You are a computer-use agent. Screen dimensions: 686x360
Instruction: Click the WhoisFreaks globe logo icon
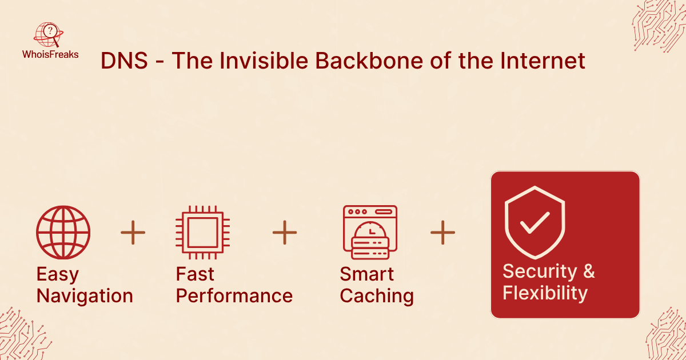49,35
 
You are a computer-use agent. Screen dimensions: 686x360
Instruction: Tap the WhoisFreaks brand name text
50,54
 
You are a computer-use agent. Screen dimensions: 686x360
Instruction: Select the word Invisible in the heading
264,61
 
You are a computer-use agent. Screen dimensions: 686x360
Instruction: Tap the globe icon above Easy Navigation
63,233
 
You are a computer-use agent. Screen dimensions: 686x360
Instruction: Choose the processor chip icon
202,233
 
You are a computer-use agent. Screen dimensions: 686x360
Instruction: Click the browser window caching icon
370,233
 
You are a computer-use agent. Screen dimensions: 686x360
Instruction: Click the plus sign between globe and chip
133,233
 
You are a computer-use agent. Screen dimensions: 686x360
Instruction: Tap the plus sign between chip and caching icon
285,233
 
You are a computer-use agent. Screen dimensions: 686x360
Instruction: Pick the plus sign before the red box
442,233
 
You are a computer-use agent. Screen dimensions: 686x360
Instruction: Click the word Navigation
85,296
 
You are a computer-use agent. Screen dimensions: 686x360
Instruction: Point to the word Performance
234,296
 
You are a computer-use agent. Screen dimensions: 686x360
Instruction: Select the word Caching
377,296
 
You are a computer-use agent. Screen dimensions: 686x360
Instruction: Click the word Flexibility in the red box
545,293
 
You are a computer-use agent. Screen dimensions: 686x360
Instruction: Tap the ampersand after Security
589,271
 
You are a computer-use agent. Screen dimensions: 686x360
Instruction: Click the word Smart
367,274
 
